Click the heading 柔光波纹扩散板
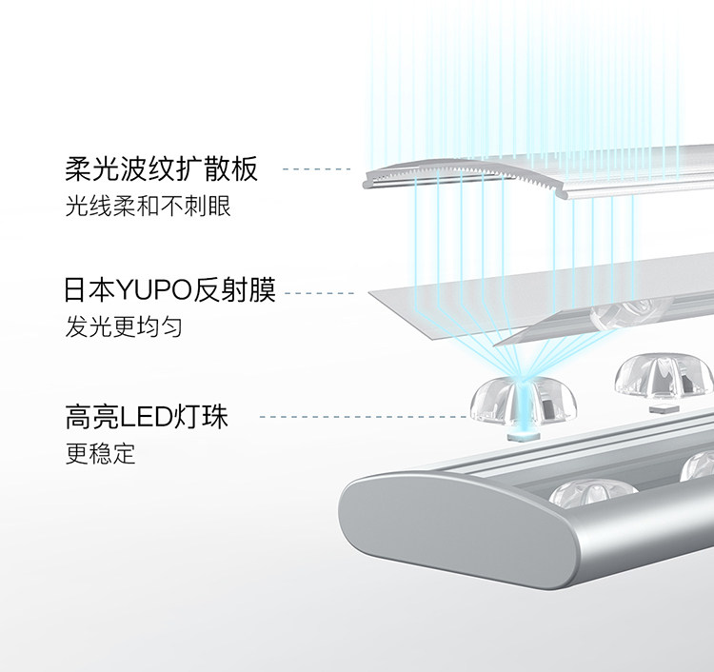coord(162,170)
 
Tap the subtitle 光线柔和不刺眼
coord(149,206)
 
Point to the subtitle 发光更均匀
coord(124,327)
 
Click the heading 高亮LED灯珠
coord(147,416)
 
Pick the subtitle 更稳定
coord(100,453)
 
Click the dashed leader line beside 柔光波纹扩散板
coord(316,170)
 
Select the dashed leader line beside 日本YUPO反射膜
coord(320,293)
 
